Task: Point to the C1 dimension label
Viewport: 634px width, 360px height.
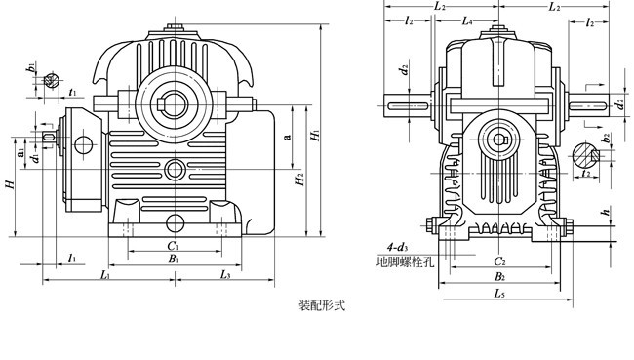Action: click(172, 246)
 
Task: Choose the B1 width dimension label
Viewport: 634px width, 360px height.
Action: click(172, 260)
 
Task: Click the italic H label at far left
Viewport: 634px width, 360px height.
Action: click(9, 182)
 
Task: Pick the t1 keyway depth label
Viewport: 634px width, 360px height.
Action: click(74, 93)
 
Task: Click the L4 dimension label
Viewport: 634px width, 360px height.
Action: click(468, 20)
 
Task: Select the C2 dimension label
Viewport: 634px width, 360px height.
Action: click(498, 261)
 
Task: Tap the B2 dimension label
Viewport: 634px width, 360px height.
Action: click(498, 277)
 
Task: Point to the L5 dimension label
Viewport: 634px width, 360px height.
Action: click(498, 292)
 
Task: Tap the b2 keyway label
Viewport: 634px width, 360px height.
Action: click(607, 139)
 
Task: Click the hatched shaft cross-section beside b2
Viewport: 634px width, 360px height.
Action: click(584, 154)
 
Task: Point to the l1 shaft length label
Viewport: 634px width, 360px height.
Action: click(73, 258)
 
